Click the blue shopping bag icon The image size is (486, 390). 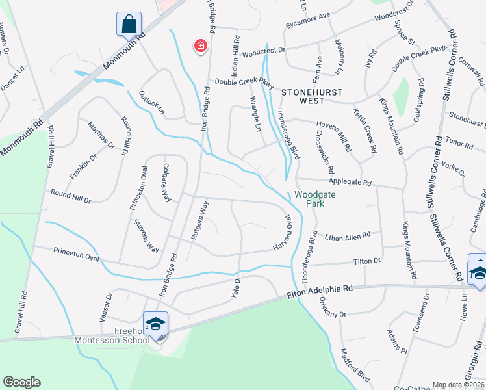[129, 25]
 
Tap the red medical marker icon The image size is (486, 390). [201, 45]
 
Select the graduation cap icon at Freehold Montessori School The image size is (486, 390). [156, 323]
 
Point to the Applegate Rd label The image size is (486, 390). [349, 183]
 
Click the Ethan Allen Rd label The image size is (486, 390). [348, 235]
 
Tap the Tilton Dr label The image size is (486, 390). [367, 261]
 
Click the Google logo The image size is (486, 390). [21, 382]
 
